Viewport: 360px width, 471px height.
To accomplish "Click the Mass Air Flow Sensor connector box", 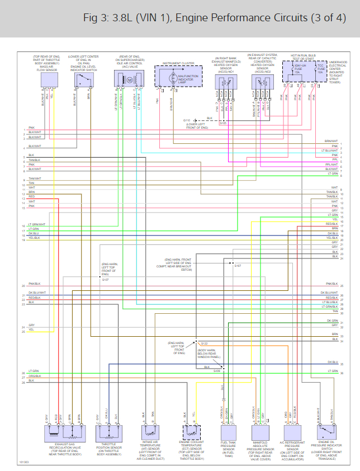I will pyautogui.click(x=49, y=81).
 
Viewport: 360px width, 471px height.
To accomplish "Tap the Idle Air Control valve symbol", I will pyautogui.click(x=126, y=80).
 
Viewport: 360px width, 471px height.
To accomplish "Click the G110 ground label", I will pyautogui.click(x=187, y=120).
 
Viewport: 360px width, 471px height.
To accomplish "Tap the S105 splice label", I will pyautogui.click(x=222, y=123).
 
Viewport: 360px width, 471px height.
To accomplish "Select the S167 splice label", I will pyautogui.click(x=238, y=266).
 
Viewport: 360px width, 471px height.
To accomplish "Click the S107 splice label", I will pyautogui.click(x=105, y=279).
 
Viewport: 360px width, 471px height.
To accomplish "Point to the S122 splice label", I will pyautogui.click(x=204, y=343).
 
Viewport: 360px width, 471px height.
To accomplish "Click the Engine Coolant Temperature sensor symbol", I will pyautogui.click(x=191, y=432).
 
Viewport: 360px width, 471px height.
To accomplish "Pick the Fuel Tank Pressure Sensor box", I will pyautogui.click(x=229, y=432).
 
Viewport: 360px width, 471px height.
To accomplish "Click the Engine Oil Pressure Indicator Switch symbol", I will pyautogui.click(x=327, y=432).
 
